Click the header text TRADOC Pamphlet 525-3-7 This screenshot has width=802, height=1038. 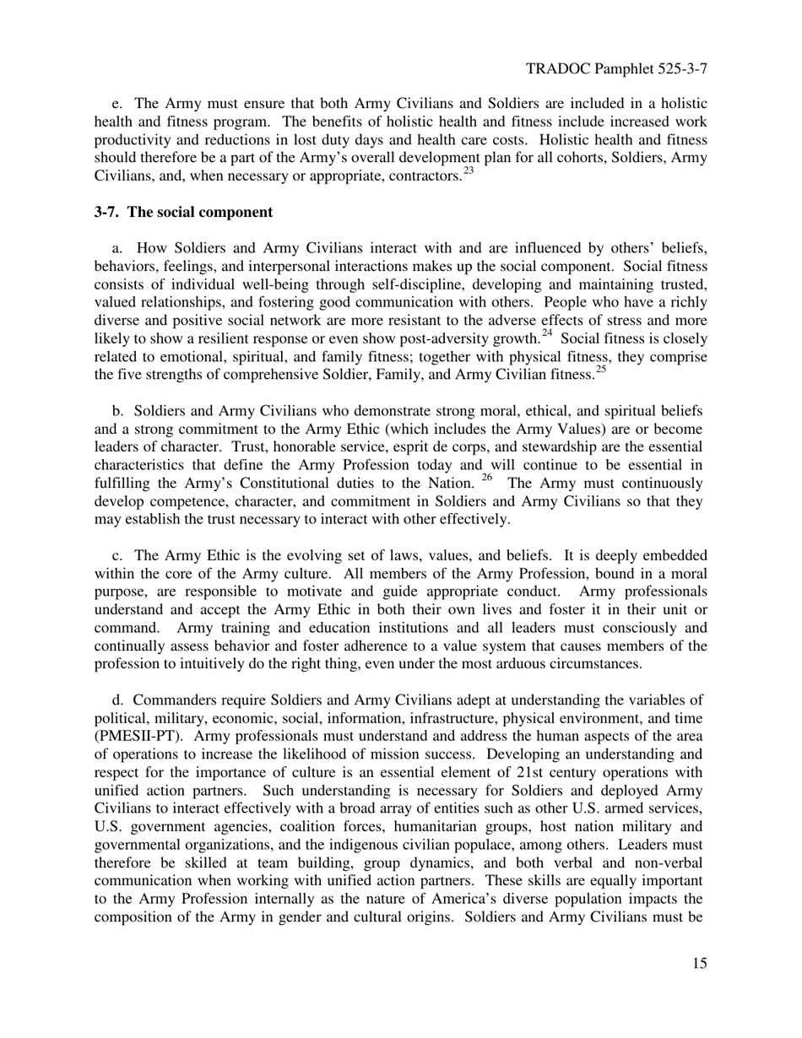pos(615,68)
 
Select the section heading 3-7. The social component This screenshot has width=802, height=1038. pos(183,212)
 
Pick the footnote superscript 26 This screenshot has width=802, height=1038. pos(486,477)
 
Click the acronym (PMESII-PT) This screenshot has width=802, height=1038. pos(134,736)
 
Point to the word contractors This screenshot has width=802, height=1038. pos(425,176)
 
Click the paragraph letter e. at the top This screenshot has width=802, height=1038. pos(117,105)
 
